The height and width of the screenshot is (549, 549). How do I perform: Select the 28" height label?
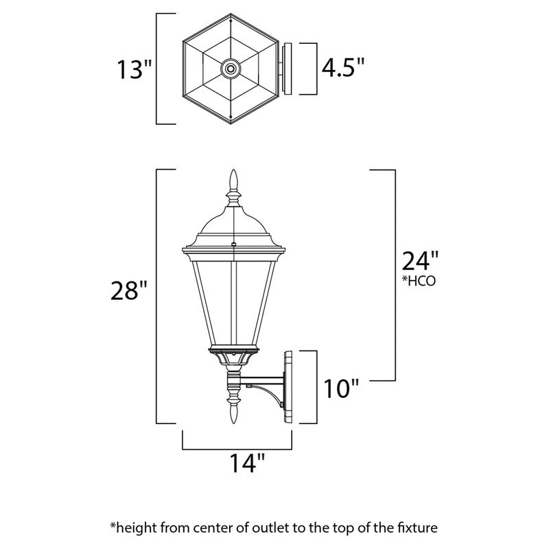pyautogui.click(x=129, y=292)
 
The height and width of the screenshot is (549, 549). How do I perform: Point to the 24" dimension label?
pyautogui.click(x=419, y=261)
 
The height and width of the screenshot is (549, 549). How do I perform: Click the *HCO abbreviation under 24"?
pyautogui.click(x=419, y=281)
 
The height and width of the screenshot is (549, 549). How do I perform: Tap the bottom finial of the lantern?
pyautogui.click(x=233, y=415)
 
